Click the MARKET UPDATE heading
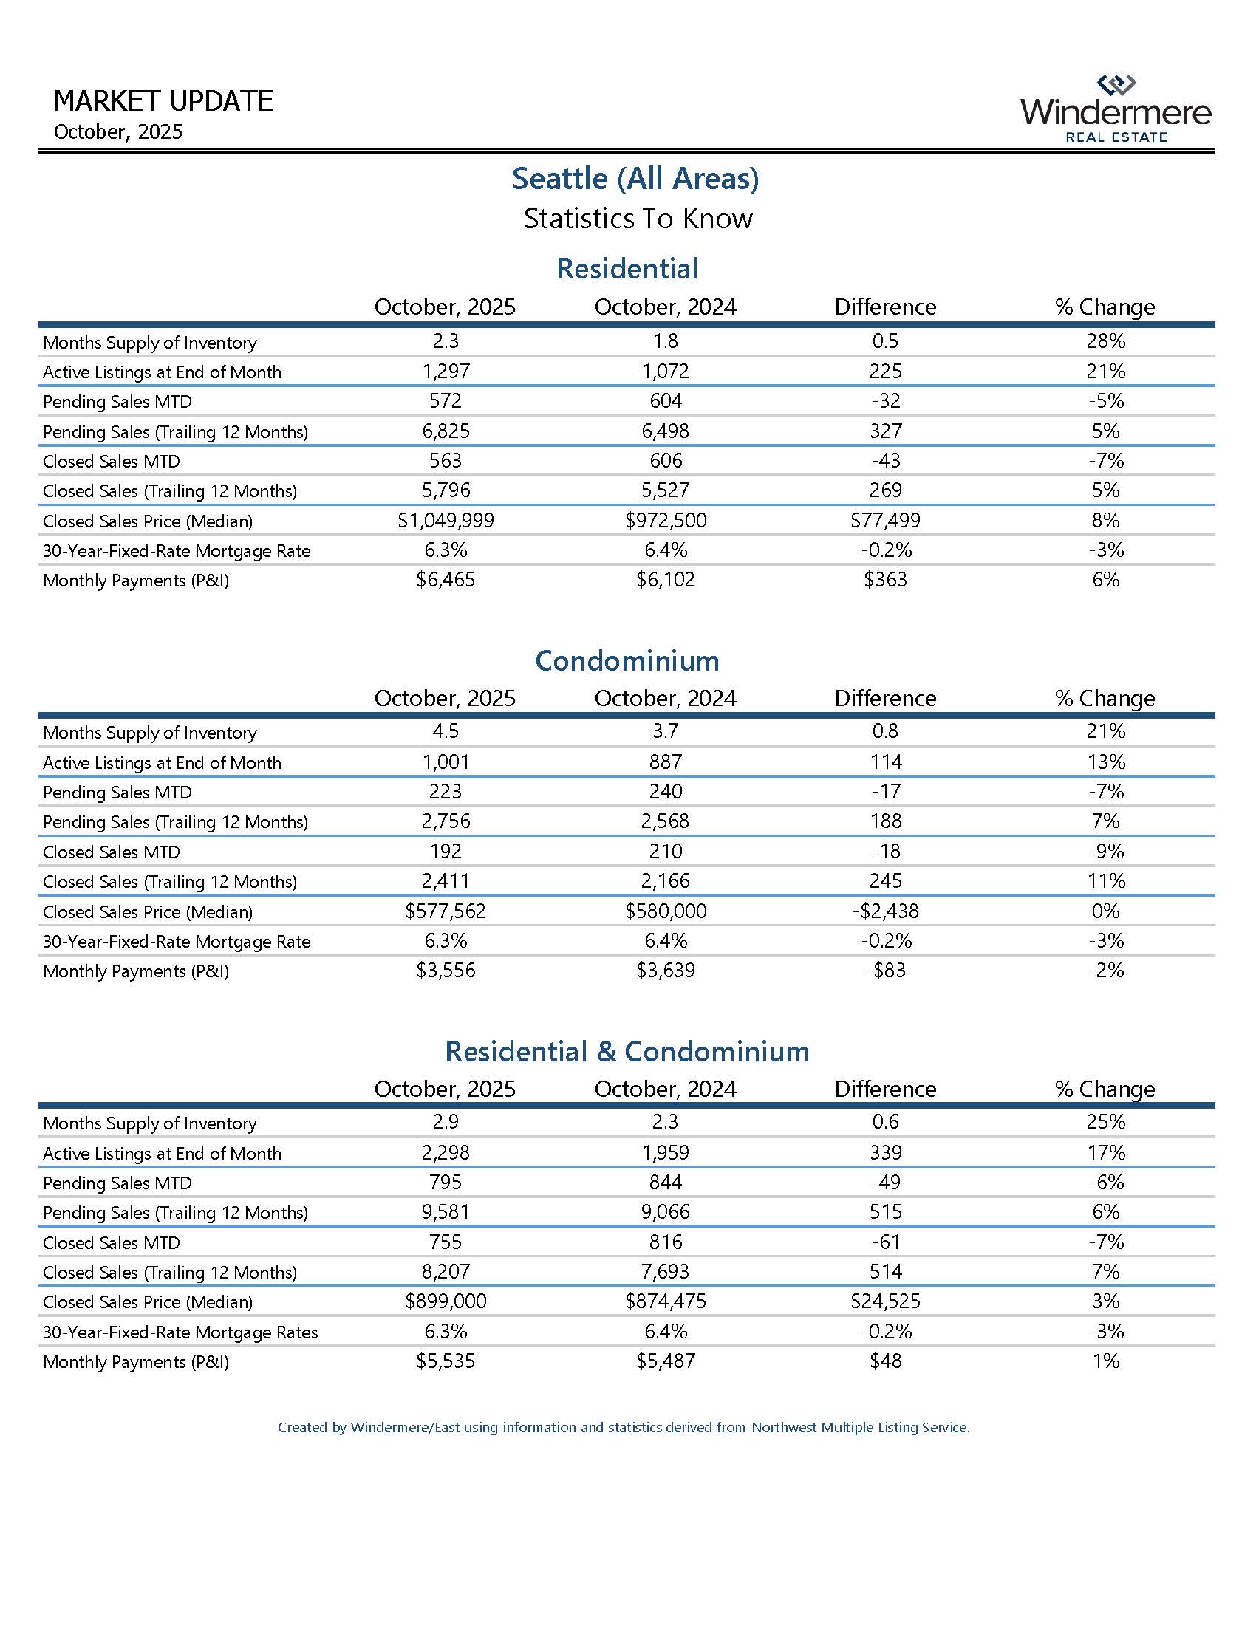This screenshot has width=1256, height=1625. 164,100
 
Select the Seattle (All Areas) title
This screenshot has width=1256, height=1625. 635,178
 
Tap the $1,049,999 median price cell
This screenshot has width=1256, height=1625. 445,520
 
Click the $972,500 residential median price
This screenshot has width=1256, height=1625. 665,520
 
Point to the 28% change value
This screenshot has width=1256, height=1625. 1105,341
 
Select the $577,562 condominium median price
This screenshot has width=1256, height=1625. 445,911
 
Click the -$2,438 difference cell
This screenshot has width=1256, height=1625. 884,911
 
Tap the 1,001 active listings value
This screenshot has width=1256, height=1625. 445,762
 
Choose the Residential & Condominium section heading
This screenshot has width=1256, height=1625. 627,1050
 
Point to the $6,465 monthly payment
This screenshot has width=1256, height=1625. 445,580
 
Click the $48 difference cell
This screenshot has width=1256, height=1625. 884,1361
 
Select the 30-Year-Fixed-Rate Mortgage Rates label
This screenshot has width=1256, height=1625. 180,1332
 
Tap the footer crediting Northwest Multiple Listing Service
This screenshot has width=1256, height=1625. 624,1427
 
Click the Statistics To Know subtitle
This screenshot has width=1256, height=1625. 638,218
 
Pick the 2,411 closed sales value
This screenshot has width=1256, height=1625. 445,881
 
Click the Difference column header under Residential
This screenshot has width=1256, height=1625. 884,307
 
